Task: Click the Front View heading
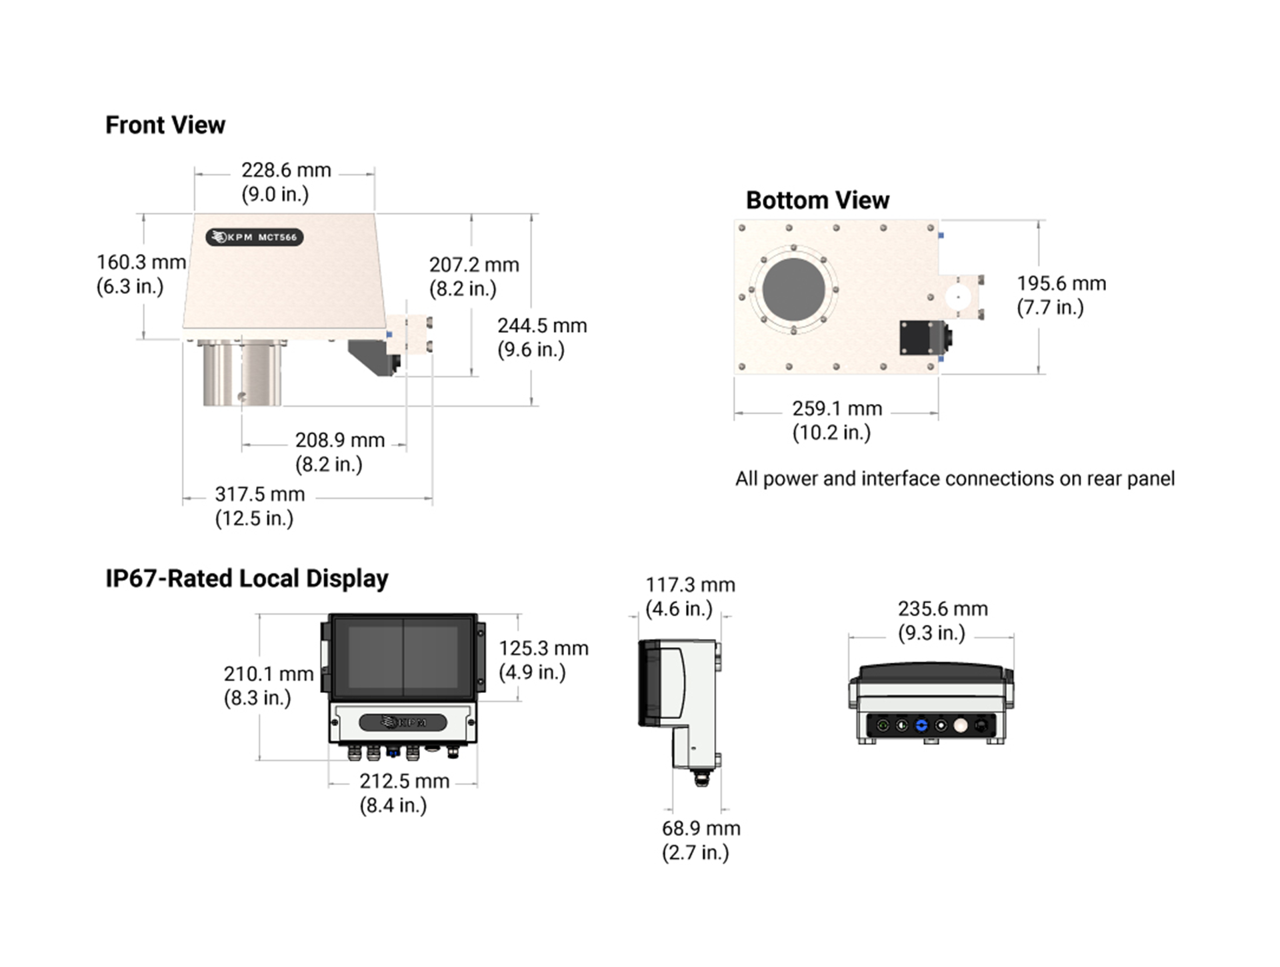[165, 125]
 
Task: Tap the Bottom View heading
[817, 200]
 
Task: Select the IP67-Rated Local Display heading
[247, 578]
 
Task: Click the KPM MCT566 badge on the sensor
[254, 237]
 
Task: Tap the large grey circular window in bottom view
[793, 289]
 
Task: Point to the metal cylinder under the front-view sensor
[242, 373]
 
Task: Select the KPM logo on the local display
[403, 722]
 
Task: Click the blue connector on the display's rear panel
[921, 725]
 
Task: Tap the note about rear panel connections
[955, 479]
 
